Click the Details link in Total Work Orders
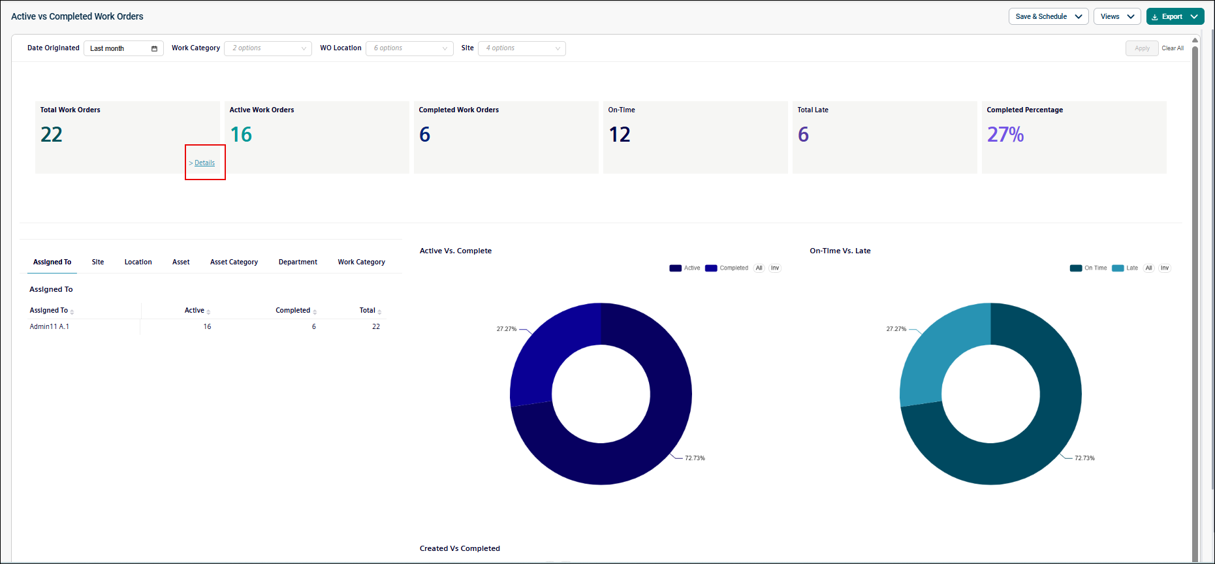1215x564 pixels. (204, 163)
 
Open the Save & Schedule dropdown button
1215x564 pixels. (1049, 16)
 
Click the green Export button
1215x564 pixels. (1175, 16)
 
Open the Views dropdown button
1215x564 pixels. (1117, 16)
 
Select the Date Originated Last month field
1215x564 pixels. (123, 48)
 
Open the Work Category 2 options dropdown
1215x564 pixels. (268, 48)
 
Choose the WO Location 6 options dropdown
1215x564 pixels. (409, 48)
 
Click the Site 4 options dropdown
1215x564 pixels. (522, 48)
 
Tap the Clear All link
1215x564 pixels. (1173, 48)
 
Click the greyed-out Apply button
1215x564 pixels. (1142, 48)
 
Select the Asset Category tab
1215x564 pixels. (234, 262)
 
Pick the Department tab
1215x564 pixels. (298, 262)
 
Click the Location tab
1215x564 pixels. (138, 262)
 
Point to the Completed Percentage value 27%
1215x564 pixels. (1005, 134)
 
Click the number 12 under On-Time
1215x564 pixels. (620, 134)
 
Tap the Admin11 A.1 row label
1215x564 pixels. (50, 326)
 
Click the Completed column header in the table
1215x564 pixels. (293, 311)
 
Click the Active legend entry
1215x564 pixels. (685, 268)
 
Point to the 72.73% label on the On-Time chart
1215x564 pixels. (1084, 458)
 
